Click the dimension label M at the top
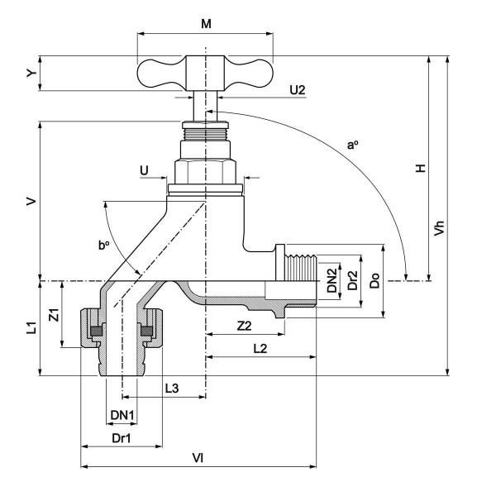pyautogui.click(x=206, y=24)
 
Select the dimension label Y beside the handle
pyautogui.click(x=31, y=74)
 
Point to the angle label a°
pyautogui.click(x=353, y=145)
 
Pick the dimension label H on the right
pyautogui.click(x=420, y=168)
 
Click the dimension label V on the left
pyautogui.click(x=31, y=201)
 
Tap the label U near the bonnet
pyautogui.click(x=145, y=169)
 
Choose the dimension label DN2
pyautogui.click(x=331, y=282)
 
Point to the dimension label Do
pyautogui.click(x=374, y=282)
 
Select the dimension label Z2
pyautogui.click(x=244, y=326)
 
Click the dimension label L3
pyautogui.click(x=172, y=387)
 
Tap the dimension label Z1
pyautogui.click(x=54, y=315)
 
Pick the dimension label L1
pyautogui.click(x=31, y=328)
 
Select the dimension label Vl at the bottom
pyautogui.click(x=198, y=456)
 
